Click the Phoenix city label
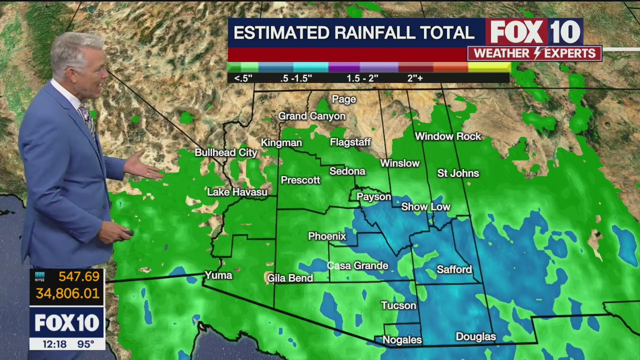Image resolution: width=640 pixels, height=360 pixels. [x=327, y=236]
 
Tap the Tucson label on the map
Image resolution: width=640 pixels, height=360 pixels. [x=398, y=305]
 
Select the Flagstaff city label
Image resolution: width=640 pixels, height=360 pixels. [x=350, y=142]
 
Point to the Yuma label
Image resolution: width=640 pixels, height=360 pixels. [x=218, y=275]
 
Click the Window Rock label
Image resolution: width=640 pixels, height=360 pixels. [x=447, y=136]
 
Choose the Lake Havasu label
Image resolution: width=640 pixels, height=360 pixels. [x=237, y=192]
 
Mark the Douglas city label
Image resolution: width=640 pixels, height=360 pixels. [x=475, y=337]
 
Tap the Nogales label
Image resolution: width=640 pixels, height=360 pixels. [x=402, y=340]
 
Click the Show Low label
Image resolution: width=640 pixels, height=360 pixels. [x=425, y=207]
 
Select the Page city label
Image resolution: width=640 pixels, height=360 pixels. [x=344, y=99]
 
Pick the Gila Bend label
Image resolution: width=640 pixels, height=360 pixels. [x=290, y=278]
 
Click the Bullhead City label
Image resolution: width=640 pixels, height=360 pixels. [x=225, y=152]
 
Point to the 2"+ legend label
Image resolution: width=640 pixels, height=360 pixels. [x=414, y=78]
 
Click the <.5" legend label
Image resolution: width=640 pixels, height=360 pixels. [x=243, y=78]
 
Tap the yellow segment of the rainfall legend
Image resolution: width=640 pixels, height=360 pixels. [x=489, y=67]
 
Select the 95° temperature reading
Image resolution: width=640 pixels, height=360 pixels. [x=85, y=344]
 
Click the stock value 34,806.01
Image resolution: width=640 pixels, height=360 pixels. [x=67, y=293]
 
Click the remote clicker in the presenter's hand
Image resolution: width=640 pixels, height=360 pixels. [x=127, y=232]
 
